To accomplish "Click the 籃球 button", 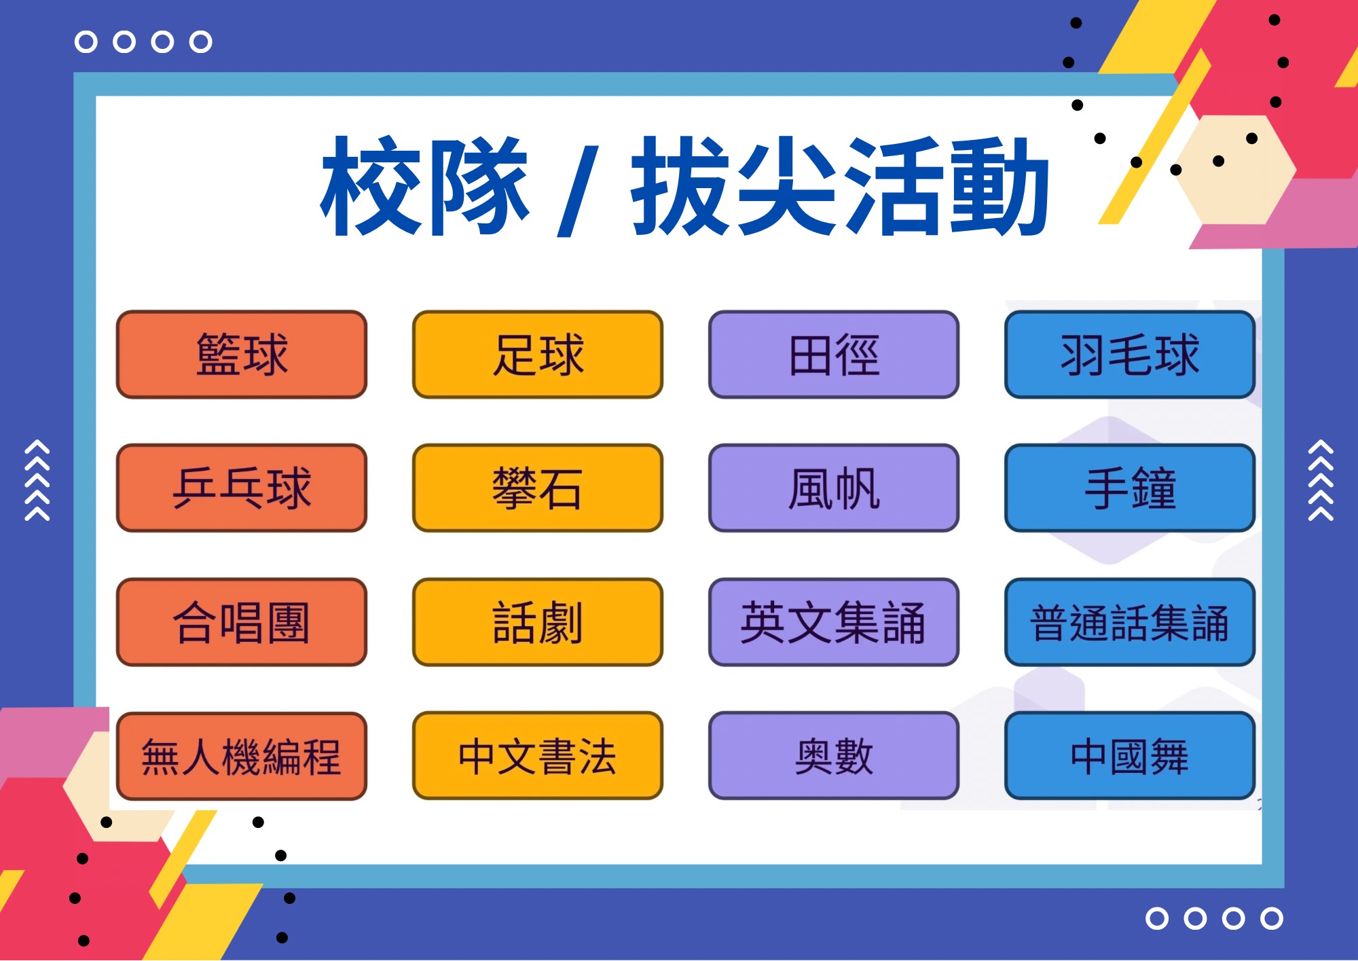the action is pyautogui.click(x=242, y=355).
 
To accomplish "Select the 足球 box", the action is pyautogui.click(x=538, y=355).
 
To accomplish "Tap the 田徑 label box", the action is pyautogui.click(x=834, y=355).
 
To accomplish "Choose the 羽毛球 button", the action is pyautogui.click(x=1130, y=355).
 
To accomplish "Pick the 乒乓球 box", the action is pyautogui.click(x=242, y=488).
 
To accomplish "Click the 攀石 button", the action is pyautogui.click(x=538, y=488).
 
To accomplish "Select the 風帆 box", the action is pyautogui.click(x=834, y=488).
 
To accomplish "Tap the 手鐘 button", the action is pyautogui.click(x=1130, y=488).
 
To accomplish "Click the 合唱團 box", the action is pyautogui.click(x=242, y=622).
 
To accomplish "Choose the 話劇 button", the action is pyautogui.click(x=538, y=622).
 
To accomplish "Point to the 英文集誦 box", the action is pyautogui.click(x=834, y=622).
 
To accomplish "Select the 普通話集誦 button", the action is pyautogui.click(x=1130, y=622).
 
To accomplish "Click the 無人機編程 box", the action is pyautogui.click(x=242, y=756).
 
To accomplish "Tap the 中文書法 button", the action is pyautogui.click(x=538, y=756).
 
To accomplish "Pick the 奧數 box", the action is pyautogui.click(x=834, y=756).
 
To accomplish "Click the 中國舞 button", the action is pyautogui.click(x=1130, y=756).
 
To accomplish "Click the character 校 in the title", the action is pyautogui.click(x=373, y=185).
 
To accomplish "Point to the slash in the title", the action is pyautogui.click(x=578, y=191).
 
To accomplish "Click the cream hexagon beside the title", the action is pyautogui.click(x=1236, y=170).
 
